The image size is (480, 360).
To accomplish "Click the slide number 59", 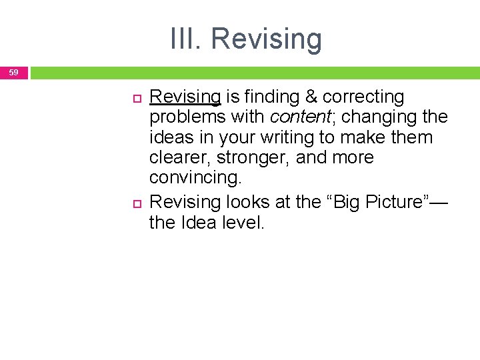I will click(14, 72).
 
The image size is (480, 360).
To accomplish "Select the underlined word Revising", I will click(185, 97).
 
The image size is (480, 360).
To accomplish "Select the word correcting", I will click(363, 97).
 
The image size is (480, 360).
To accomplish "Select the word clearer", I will click(180, 158).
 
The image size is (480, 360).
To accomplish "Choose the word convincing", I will click(196, 178).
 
